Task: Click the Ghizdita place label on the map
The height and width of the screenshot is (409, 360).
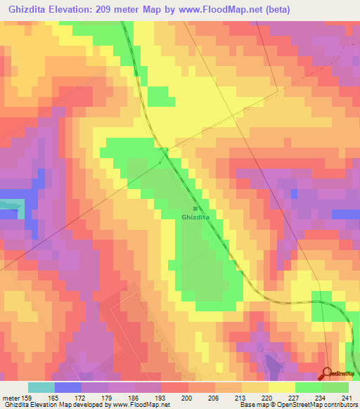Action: point(195,218)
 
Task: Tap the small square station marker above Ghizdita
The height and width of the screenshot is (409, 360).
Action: point(195,209)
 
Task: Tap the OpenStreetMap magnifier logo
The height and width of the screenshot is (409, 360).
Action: point(328,373)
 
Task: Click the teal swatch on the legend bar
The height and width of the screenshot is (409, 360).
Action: point(41,387)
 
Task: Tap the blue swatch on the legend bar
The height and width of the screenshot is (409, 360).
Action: point(68,387)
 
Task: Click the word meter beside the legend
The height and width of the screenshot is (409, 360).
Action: point(10,398)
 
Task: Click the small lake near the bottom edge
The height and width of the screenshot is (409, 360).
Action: point(271,364)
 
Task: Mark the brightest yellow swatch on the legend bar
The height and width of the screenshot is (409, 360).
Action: point(282,387)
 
